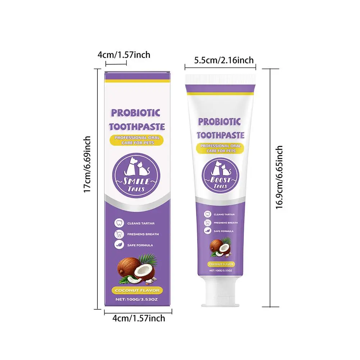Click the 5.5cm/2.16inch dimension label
(224, 60)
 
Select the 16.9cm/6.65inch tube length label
(280, 177)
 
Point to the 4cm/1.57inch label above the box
(124, 55)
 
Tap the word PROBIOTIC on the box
(135, 112)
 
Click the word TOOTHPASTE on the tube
(221, 135)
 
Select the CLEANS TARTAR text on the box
(141, 223)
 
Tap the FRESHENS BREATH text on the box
(143, 234)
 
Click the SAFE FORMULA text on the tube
(224, 231)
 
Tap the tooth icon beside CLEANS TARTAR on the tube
(207, 214)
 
